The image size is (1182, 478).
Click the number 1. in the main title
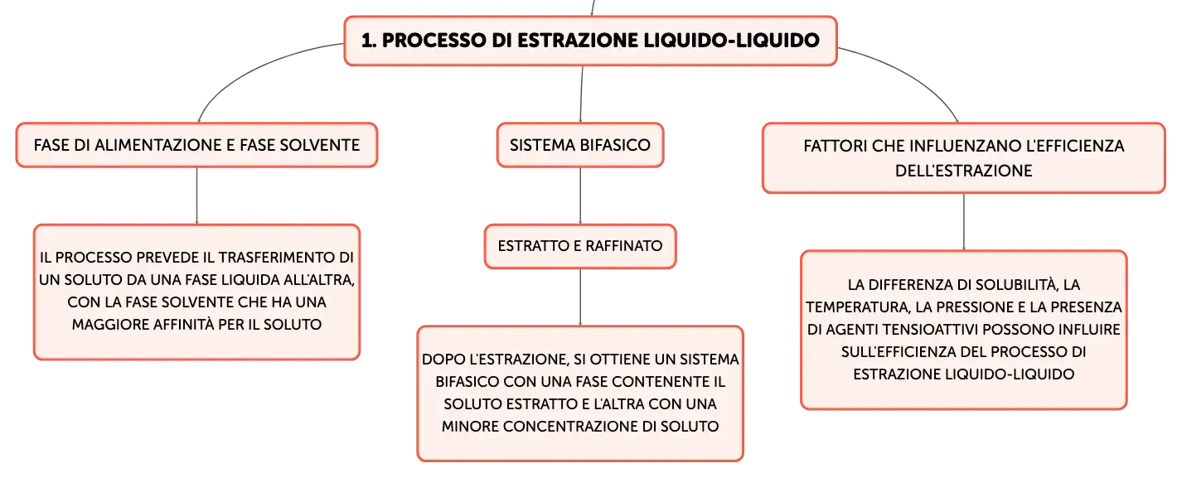point(369,41)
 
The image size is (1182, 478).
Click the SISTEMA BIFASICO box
point(580,145)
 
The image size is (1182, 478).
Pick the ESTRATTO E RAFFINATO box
point(580,246)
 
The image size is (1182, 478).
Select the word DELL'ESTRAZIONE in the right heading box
point(963,171)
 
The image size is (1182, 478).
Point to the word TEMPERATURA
point(856,307)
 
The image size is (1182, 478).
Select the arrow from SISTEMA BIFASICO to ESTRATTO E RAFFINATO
point(580,196)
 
